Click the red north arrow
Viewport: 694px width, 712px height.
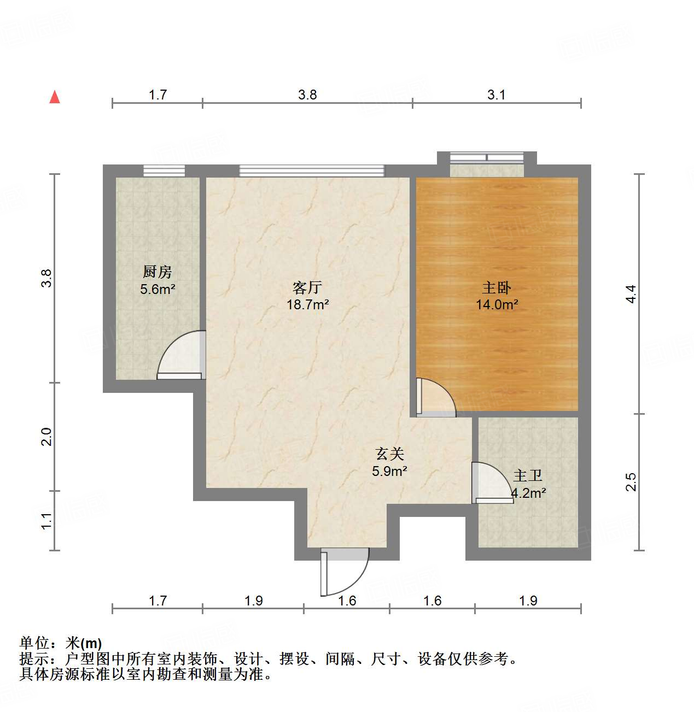click(x=55, y=97)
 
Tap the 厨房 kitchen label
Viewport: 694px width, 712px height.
click(x=158, y=271)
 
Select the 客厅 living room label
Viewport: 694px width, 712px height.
click(x=307, y=287)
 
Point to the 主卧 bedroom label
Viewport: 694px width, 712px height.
click(x=497, y=287)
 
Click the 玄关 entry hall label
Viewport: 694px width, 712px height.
click(x=389, y=453)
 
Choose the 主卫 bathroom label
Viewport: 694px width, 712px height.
click(x=528, y=476)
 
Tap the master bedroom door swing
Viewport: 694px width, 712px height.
click(x=435, y=397)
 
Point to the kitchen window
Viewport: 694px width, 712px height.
click(x=164, y=170)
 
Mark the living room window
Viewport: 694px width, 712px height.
click(x=312, y=170)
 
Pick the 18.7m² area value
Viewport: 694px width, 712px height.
click(x=308, y=305)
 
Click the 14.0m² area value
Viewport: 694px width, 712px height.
click(x=497, y=305)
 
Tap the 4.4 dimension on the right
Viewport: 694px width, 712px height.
click(x=631, y=294)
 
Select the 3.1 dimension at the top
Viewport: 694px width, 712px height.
click(x=497, y=95)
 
